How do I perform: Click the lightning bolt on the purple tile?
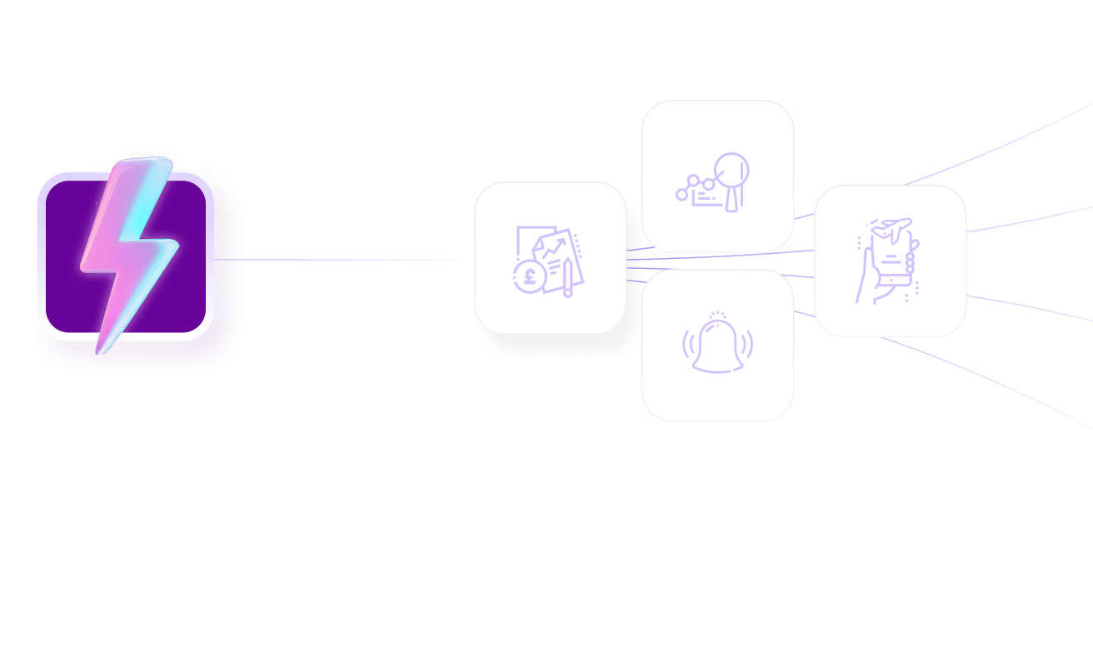(130, 250)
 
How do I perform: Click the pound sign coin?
(528, 276)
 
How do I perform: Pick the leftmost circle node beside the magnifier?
(681, 195)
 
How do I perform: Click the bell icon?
(717, 346)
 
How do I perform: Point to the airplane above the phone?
(894, 226)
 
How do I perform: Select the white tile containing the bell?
(717, 391)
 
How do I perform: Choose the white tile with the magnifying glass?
(717, 125)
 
